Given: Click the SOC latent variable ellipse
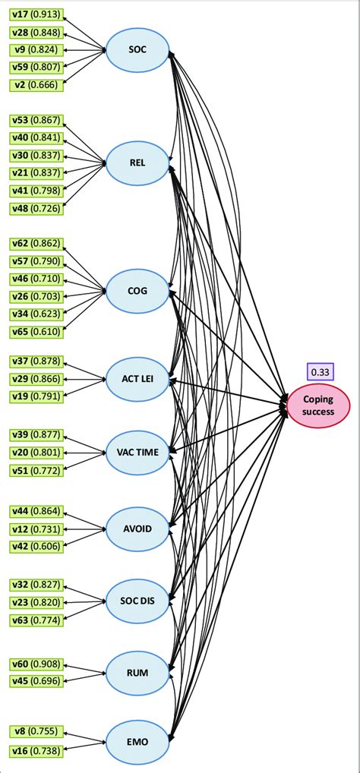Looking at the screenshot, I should click(x=138, y=50).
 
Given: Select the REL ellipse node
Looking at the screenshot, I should click(x=138, y=162).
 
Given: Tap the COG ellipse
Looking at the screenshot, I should click(x=138, y=290).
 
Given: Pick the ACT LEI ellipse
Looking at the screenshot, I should click(x=138, y=378).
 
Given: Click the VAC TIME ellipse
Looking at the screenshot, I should click(x=138, y=452).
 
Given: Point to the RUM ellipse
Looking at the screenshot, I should click(x=138, y=672).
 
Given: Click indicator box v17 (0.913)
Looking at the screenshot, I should click(x=36, y=15).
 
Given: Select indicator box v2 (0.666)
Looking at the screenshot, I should click(x=36, y=84).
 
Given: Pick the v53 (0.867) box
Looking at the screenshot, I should click(x=36, y=120).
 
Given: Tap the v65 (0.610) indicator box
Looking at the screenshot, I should click(x=36, y=332).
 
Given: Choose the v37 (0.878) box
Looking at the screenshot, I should click(x=36, y=361).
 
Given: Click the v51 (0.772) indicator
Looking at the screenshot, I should click(x=36, y=471).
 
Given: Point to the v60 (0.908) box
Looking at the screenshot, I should click(x=36, y=664).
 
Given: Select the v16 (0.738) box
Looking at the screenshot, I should click(x=36, y=749).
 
